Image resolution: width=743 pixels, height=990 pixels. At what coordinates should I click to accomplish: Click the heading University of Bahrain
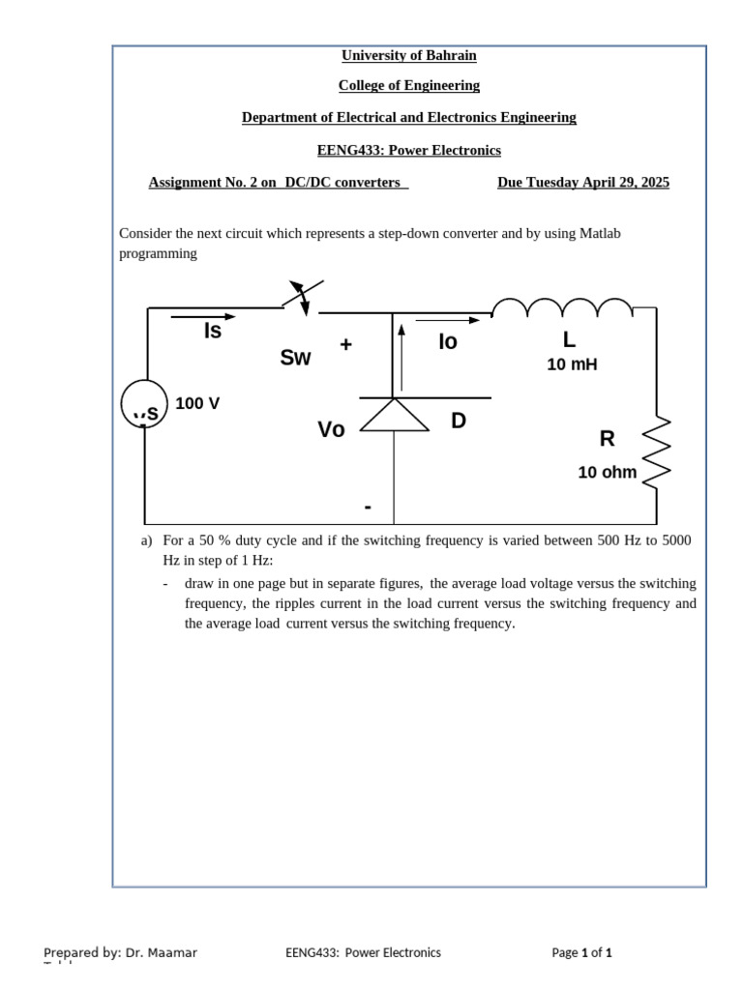click(x=408, y=55)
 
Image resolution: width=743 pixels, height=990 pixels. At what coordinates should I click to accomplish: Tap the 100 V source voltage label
click(x=197, y=403)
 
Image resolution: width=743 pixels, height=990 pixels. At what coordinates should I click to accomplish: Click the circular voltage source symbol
click(x=145, y=404)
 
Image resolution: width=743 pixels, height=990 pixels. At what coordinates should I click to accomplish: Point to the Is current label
click(x=213, y=332)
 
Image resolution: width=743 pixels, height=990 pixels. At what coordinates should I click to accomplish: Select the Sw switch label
click(x=295, y=358)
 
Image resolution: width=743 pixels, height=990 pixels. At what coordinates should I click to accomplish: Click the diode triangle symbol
click(x=394, y=415)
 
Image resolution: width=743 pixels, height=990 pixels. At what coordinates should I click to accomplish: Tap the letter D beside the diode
click(x=459, y=421)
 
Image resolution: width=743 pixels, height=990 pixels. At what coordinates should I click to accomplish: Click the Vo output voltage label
click(x=331, y=430)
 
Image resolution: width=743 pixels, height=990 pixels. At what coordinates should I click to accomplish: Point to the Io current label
click(x=447, y=342)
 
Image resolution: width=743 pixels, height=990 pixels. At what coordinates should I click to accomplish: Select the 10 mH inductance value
click(x=572, y=364)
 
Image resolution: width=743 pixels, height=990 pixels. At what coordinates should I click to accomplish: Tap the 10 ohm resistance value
click(x=608, y=473)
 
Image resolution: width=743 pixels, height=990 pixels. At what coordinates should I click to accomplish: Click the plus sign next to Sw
click(x=345, y=345)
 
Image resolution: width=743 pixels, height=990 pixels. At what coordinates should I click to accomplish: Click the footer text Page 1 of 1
click(x=581, y=952)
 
